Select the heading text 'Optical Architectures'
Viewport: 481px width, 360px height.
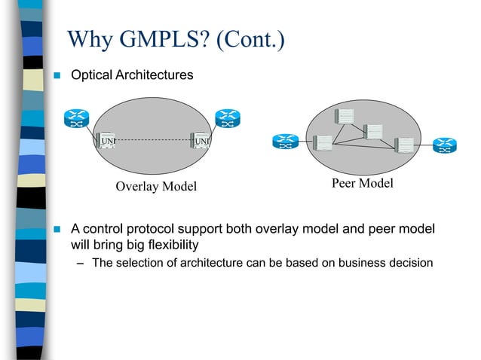[x=131, y=75]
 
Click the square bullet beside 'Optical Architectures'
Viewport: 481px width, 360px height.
[x=56, y=76]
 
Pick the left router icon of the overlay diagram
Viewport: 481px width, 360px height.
[x=76, y=118]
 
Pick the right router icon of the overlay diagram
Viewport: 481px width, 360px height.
[x=226, y=118]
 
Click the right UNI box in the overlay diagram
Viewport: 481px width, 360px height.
[x=201, y=140]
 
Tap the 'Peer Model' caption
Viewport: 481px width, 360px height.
[x=362, y=184]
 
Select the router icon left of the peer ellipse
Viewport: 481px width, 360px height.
[x=286, y=142]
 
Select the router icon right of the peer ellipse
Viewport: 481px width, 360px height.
[x=445, y=144]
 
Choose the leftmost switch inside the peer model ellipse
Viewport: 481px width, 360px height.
[x=323, y=142]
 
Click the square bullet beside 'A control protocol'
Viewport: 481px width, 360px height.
[x=56, y=229]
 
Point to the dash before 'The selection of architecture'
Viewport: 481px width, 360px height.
[x=81, y=264]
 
